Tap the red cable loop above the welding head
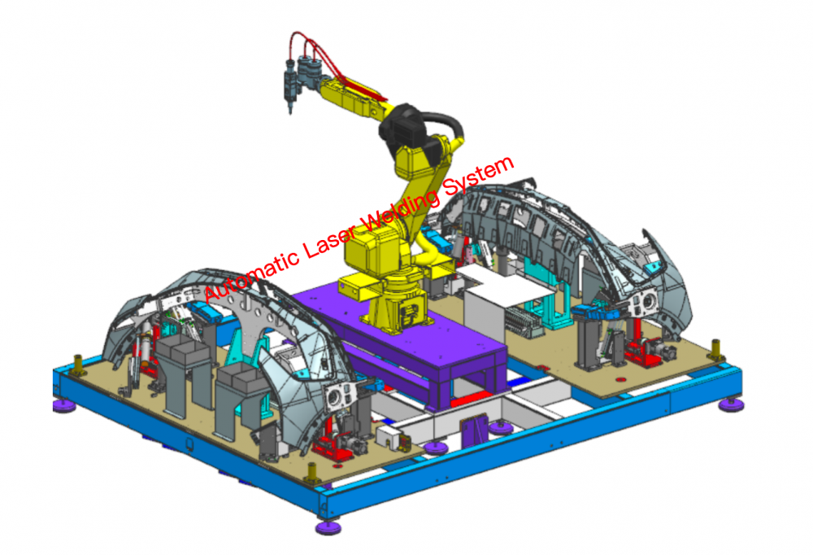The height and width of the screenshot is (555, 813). [306, 46]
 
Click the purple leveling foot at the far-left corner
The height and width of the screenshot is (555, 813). [64, 405]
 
